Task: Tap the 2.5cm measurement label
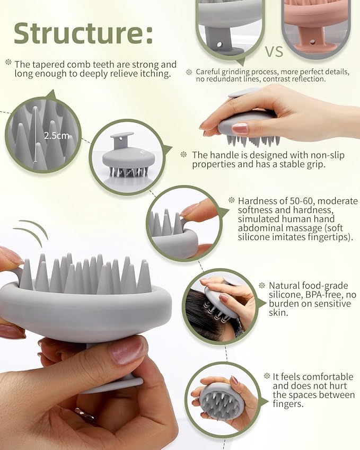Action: (x=57, y=136)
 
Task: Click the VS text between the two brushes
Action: (x=274, y=52)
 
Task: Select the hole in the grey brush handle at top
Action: (x=219, y=45)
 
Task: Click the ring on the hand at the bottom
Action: (x=84, y=414)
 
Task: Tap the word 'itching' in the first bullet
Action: (x=155, y=74)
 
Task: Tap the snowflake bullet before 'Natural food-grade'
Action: (x=262, y=285)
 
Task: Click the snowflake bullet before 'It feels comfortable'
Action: (x=267, y=376)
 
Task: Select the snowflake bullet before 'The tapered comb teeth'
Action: (x=8, y=62)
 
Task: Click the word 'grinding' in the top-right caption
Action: (x=236, y=72)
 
